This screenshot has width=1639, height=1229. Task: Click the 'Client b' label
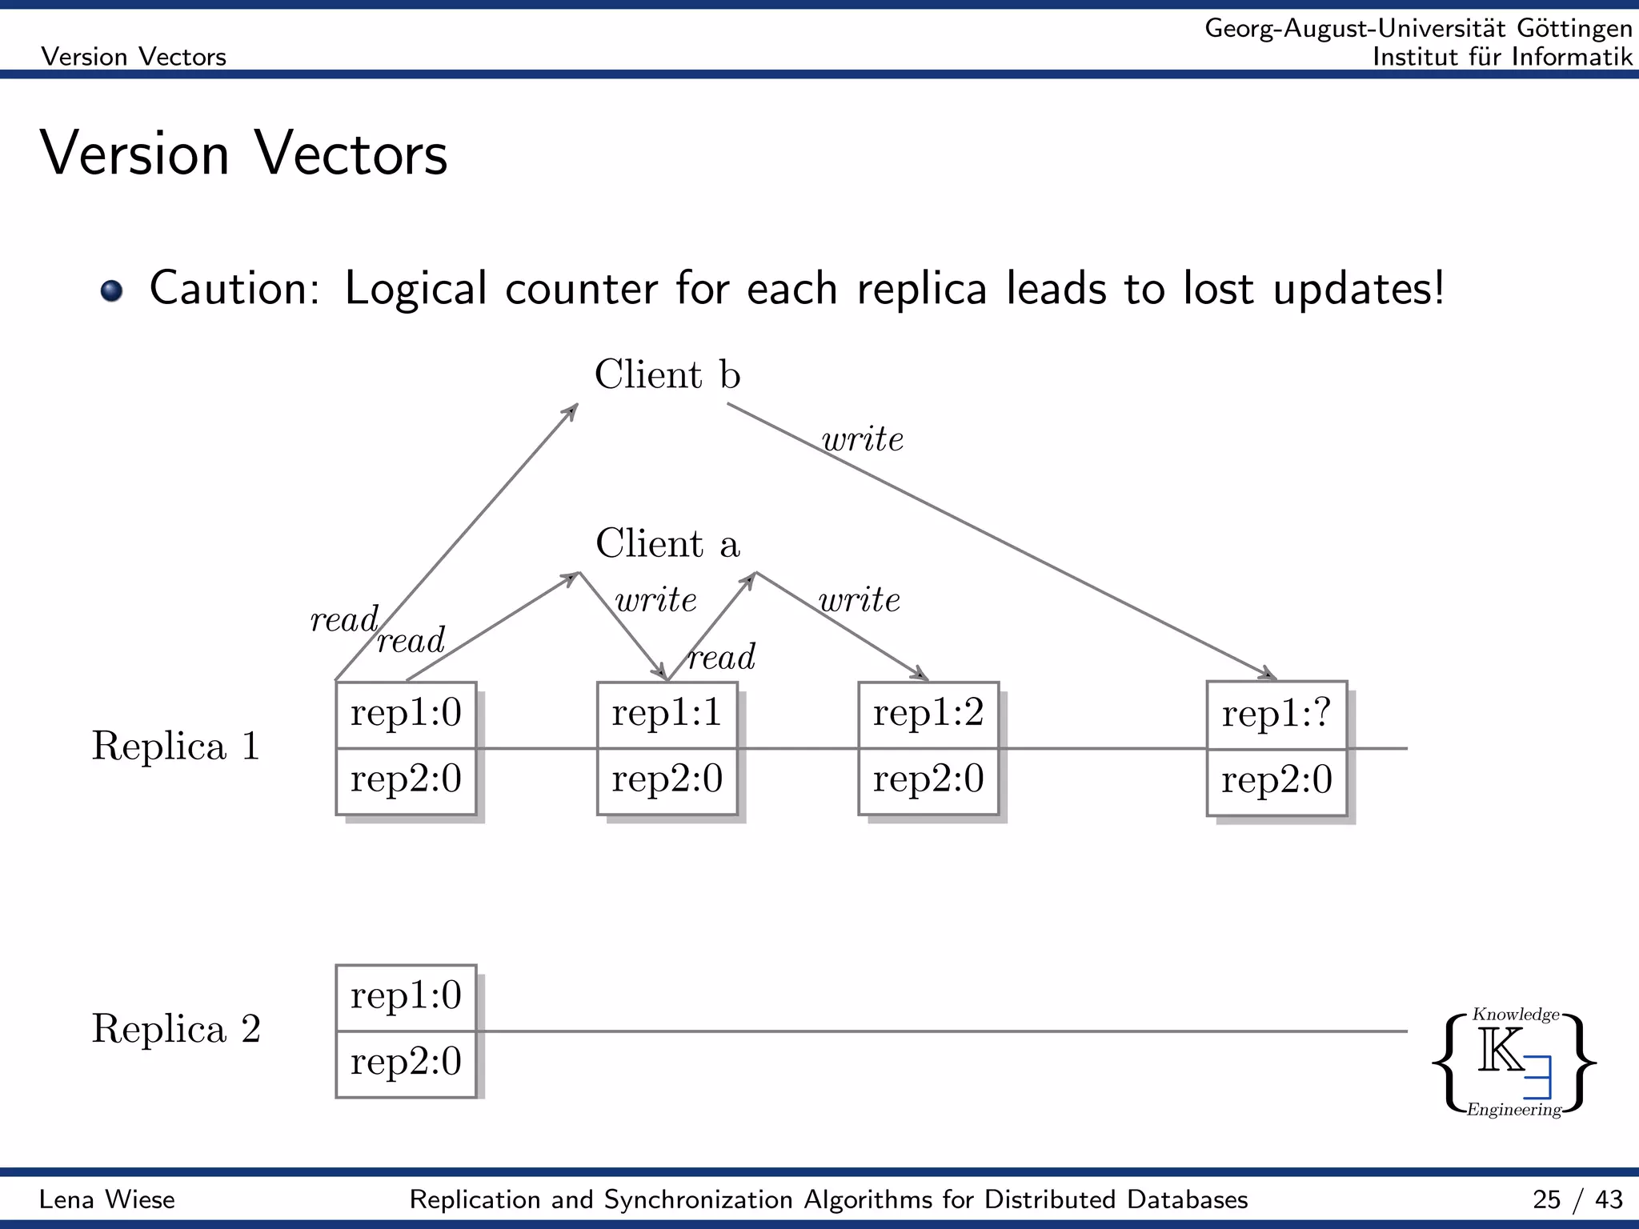(667, 374)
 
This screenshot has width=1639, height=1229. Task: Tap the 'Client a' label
(667, 544)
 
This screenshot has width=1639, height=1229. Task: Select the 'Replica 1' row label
(176, 746)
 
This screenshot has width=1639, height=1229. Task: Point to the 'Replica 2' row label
(176, 1029)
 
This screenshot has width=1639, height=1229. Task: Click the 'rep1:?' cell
(1276, 713)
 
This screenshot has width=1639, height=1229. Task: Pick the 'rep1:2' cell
(928, 713)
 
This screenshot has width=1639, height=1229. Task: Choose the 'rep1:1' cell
(667, 713)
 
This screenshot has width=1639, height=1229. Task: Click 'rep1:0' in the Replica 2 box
(406, 996)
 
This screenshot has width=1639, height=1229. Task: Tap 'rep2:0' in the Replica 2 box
(406, 1063)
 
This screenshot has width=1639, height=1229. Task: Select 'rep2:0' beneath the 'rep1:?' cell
(1276, 780)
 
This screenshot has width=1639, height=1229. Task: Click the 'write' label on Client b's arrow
(863, 439)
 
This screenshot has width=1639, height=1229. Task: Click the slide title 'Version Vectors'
(243, 154)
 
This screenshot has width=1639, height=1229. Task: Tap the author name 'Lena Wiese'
(107, 1199)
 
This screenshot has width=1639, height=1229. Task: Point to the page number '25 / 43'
(1577, 1199)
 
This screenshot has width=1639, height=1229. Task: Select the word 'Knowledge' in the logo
(1516, 1015)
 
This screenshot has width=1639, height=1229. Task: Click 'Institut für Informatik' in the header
(1502, 57)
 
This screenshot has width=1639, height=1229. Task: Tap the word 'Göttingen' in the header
(1574, 28)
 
